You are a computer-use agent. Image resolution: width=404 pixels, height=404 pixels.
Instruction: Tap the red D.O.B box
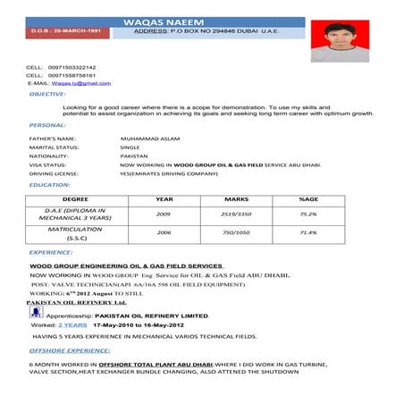click(61, 32)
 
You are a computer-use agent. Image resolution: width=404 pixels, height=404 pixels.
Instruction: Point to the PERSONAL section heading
click(46, 125)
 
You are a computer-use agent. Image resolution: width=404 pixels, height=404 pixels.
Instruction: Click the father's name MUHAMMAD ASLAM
click(149, 139)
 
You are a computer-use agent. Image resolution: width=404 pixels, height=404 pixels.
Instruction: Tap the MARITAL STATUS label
click(54, 147)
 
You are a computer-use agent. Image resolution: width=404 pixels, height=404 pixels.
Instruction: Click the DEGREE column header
click(75, 199)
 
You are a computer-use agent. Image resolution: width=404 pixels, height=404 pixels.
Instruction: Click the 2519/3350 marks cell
click(236, 215)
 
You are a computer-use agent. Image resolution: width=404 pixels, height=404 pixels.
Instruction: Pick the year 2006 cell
click(164, 232)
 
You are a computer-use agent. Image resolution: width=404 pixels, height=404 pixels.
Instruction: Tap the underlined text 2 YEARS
click(72, 325)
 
